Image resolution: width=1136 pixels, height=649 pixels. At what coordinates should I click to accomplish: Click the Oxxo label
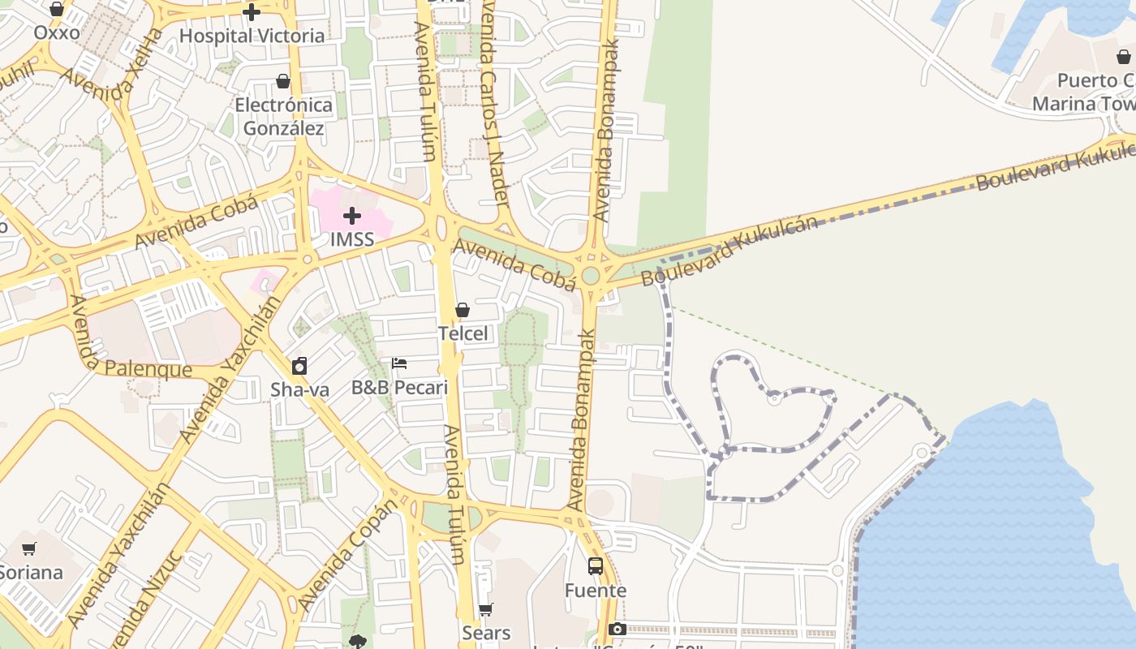[x=57, y=32]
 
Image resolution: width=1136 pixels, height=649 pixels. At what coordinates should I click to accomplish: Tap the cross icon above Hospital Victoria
[x=252, y=12]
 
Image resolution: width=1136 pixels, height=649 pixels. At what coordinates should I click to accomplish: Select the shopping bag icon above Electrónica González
[x=283, y=81]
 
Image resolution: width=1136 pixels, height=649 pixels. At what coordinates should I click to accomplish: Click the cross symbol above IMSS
[x=352, y=216]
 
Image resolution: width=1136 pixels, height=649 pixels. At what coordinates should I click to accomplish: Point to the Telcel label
[x=463, y=333]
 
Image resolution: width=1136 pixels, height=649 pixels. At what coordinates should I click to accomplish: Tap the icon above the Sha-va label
[x=299, y=366]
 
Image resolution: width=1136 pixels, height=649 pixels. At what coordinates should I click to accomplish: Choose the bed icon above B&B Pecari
[x=399, y=363]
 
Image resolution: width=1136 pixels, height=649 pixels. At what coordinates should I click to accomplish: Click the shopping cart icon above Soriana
[x=29, y=548]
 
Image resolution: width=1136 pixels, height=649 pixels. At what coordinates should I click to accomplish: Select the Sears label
[x=486, y=633]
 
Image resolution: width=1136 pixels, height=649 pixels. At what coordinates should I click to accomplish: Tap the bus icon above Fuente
[x=596, y=566]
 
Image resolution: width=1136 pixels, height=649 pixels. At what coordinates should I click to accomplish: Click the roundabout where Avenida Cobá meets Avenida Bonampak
[x=591, y=276]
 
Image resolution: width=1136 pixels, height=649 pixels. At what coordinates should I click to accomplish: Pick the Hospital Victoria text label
[x=252, y=36]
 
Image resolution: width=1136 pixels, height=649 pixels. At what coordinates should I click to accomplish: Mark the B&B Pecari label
[x=399, y=388]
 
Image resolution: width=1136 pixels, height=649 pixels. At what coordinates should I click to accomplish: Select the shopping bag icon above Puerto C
[x=1124, y=57]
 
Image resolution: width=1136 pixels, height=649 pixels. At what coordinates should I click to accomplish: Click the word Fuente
[x=596, y=591]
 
